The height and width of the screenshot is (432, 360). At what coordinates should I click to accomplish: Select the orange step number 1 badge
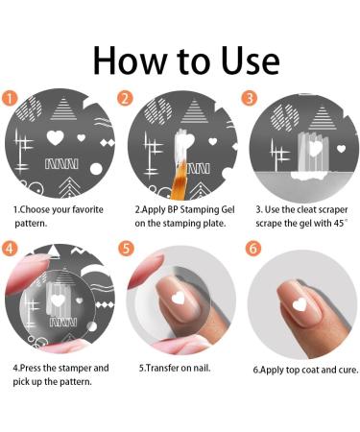(10, 97)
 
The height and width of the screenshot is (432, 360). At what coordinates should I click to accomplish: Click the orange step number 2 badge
(126, 98)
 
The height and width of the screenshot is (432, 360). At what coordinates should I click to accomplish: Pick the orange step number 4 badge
(10, 248)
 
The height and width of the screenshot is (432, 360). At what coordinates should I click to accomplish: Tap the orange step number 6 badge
(252, 248)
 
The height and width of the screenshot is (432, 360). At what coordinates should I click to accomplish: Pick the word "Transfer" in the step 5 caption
(166, 368)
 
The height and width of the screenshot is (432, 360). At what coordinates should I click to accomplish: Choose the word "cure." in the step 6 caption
(337, 369)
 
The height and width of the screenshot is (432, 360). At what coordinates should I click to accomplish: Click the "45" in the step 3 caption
(337, 223)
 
